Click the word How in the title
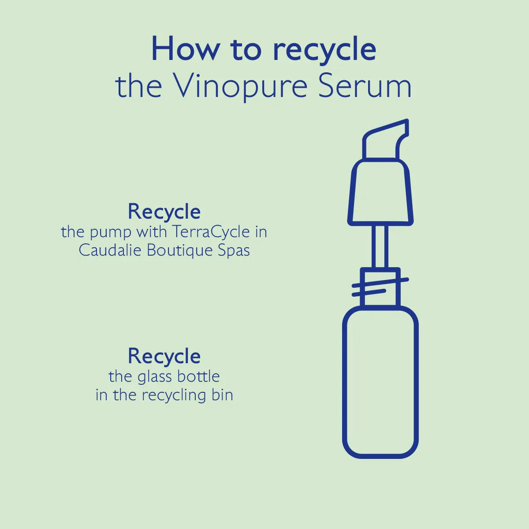click(185, 49)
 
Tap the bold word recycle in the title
click(324, 50)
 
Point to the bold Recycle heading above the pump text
click(164, 212)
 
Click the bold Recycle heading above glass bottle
click(164, 356)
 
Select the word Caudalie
click(110, 250)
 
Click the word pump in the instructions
click(111, 232)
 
